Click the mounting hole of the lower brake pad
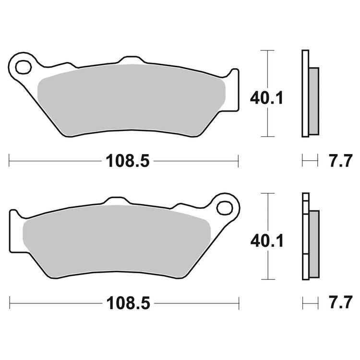tap(224, 207)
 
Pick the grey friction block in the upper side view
tap(313, 101)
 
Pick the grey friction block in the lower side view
tap(313, 243)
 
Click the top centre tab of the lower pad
tap(115, 201)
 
